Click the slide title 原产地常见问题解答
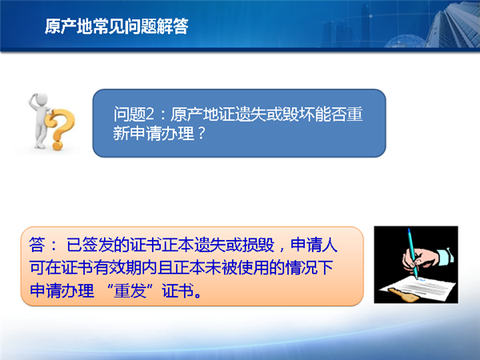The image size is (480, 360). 116,26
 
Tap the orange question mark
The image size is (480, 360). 59,129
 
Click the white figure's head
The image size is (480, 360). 42,99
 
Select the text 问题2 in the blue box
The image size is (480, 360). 134,114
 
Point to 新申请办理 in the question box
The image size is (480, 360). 154,133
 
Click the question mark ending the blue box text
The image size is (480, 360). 201,134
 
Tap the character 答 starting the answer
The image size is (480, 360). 37,245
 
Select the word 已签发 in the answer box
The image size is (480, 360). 90,245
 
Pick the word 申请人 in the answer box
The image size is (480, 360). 314,245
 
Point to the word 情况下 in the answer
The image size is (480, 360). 309,267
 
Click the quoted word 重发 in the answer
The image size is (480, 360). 130,290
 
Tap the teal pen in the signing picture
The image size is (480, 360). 413,253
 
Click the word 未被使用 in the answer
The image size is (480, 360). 237,267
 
